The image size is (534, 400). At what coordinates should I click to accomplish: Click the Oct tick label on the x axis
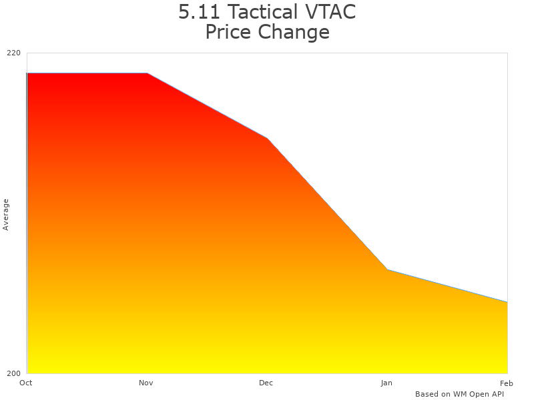pos(26,383)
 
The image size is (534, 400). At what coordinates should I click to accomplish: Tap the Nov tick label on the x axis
pos(146,383)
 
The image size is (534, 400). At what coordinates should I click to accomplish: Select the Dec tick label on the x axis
pos(266,383)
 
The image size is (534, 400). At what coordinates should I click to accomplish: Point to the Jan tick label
pos(386,383)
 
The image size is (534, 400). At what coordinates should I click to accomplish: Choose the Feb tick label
pos(507,383)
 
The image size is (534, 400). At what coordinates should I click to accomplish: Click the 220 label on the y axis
pos(14,53)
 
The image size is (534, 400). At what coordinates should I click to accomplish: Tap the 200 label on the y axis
pos(14,373)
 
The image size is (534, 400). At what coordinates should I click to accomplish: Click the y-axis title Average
pos(6,215)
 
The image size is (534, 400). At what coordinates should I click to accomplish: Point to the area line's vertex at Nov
pos(147,73)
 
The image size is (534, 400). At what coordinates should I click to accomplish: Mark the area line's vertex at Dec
pos(267,138)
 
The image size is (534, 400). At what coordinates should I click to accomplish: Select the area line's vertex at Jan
pos(387,269)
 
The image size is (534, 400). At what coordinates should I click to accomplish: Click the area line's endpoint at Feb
pos(507,302)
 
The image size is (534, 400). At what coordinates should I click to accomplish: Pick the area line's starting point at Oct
pos(27,73)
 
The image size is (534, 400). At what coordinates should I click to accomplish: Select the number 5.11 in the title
pos(200,12)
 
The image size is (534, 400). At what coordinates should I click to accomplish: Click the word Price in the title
pos(227,32)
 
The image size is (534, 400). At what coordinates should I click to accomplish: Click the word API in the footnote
pos(496,394)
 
